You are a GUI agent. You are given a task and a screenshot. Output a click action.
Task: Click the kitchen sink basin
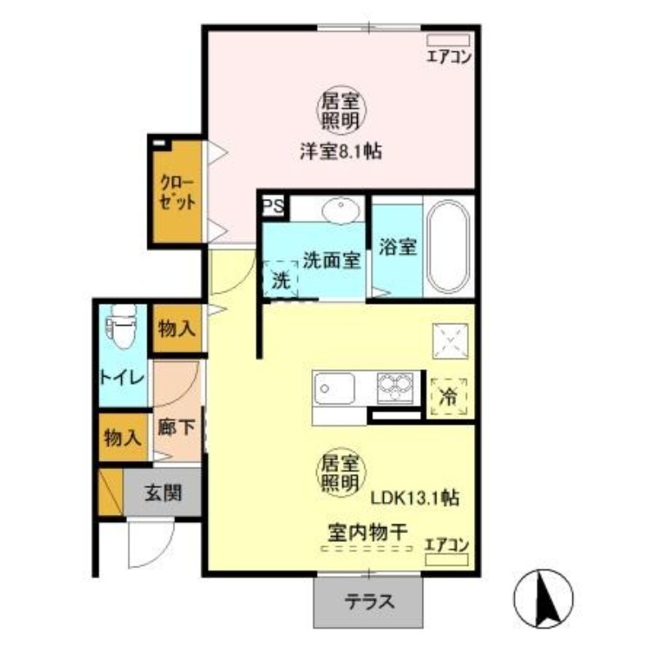[x=333, y=386]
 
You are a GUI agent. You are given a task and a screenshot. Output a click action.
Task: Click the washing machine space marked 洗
[x=280, y=279]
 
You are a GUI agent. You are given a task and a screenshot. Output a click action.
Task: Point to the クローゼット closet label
[x=176, y=192]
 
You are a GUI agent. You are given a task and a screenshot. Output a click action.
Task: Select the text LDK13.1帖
[x=415, y=497]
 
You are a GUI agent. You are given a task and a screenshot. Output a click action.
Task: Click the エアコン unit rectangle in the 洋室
[x=449, y=39]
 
